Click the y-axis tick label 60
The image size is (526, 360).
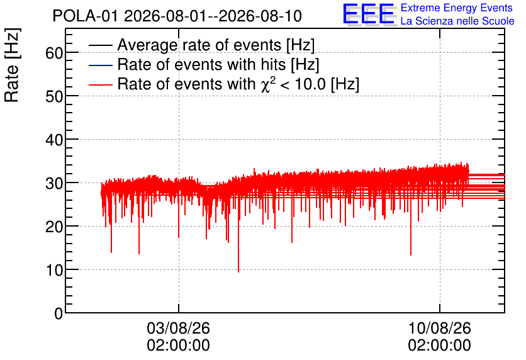click(x=54, y=53)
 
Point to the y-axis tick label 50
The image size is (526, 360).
click(x=54, y=97)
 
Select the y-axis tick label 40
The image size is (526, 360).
click(x=54, y=140)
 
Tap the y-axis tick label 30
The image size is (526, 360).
click(x=54, y=184)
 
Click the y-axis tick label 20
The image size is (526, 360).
click(x=54, y=227)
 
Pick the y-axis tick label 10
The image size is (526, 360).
click(x=54, y=270)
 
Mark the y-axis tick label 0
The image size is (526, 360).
click(x=59, y=313)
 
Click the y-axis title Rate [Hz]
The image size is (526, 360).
click(x=12, y=65)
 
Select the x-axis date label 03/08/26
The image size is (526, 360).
click(x=179, y=328)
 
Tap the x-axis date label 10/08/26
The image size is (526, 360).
click(x=439, y=328)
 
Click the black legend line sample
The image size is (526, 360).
click(x=101, y=45)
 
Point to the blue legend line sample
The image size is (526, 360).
click(x=101, y=65)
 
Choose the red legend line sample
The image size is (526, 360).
click(x=101, y=84)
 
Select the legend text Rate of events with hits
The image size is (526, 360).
click(x=201, y=64)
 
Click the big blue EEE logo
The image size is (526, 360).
click(x=369, y=14)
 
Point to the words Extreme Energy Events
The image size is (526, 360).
click(x=457, y=8)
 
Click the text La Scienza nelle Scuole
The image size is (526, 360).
click(x=457, y=21)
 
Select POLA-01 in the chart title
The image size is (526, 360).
click(x=86, y=16)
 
